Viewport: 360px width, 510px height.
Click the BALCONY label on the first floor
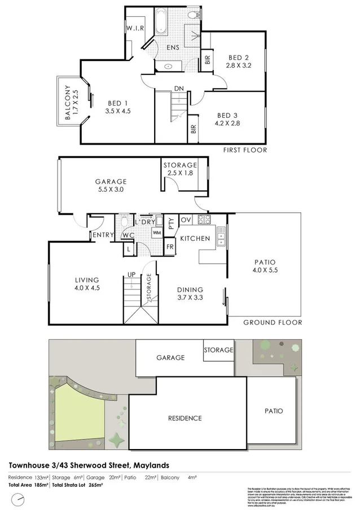[x=67, y=103]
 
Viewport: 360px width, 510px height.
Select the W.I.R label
[x=136, y=28]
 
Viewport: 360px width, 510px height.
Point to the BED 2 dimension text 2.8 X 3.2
[x=239, y=65]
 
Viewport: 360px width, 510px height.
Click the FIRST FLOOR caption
[x=245, y=150]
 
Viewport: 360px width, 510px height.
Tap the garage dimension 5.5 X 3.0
[x=110, y=190]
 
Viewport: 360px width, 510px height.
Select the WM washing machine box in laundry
[x=156, y=232]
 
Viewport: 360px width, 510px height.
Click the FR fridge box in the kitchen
[x=169, y=247]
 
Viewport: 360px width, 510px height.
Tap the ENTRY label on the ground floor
[x=103, y=235]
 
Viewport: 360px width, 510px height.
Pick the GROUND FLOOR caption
[x=272, y=323]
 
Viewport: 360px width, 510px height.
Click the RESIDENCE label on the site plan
[x=185, y=418]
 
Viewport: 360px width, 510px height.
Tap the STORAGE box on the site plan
[x=218, y=350]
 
